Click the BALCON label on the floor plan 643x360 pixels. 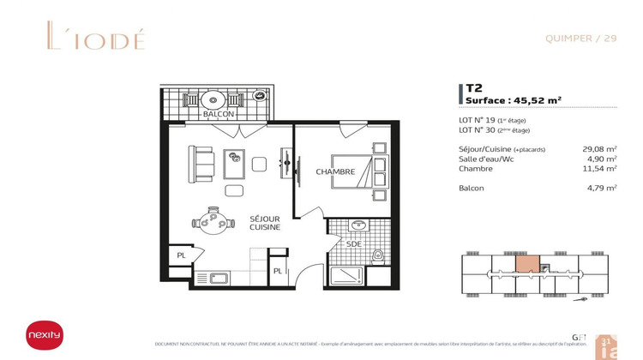218,114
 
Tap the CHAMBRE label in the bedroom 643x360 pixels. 335,172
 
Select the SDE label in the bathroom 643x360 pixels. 353,243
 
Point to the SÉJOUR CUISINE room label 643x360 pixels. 265,223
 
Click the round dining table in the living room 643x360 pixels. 211,222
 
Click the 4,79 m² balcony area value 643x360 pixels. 602,188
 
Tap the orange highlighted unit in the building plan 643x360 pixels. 527,265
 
